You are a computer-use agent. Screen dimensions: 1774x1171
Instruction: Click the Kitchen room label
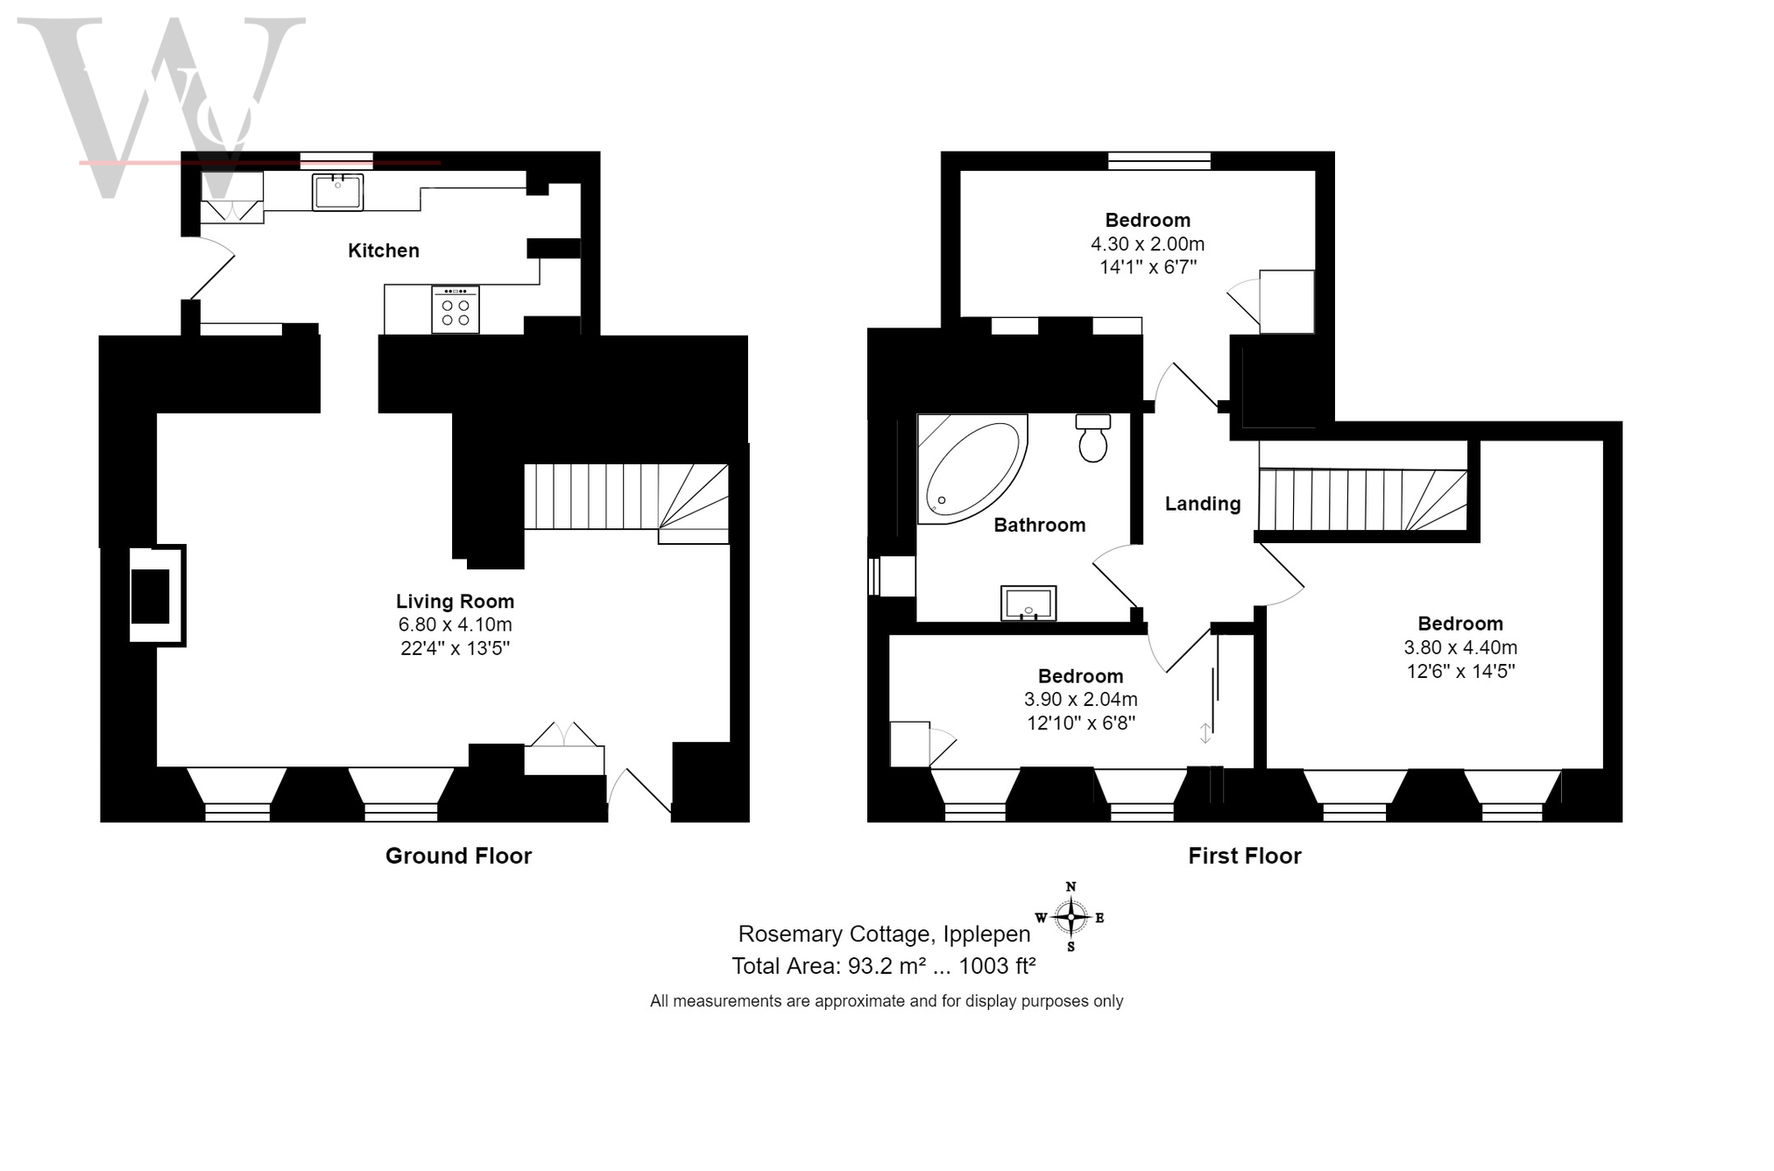pos(384,250)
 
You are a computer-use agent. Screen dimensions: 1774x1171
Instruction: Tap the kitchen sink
pos(337,192)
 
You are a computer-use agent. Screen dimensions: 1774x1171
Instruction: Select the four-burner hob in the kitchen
pos(455,309)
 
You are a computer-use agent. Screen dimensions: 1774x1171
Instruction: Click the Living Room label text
pos(455,602)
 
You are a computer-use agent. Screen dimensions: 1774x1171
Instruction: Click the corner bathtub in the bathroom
pos(972,469)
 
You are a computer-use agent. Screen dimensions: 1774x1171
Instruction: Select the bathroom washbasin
pos(1028,603)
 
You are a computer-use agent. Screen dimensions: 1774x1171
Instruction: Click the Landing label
pos(1203,504)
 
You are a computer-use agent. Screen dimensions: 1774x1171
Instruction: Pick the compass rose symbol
pos(1071,917)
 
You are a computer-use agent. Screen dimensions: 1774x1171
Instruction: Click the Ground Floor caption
pos(458,856)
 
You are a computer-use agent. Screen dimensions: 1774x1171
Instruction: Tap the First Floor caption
pos(1244,856)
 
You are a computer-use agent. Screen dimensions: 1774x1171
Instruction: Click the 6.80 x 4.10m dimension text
pos(455,624)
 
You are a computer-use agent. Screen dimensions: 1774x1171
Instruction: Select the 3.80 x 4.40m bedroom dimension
pos(1460,647)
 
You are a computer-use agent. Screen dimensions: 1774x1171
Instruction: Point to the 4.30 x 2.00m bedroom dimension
pos(1148,243)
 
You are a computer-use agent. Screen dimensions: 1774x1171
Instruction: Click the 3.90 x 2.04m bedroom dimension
pos(1081,699)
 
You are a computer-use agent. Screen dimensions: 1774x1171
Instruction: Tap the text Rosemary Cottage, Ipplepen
pos(884,934)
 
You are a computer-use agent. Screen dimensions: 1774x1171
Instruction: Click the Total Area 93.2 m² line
pos(884,966)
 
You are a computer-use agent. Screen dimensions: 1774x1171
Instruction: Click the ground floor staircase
pos(626,504)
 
